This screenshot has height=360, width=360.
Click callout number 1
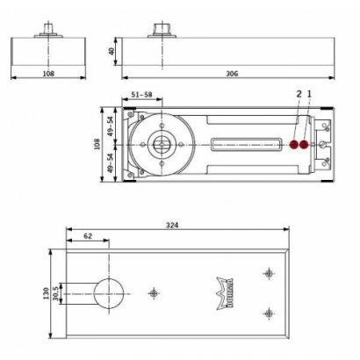coord(309,93)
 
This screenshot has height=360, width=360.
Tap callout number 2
coord(299,93)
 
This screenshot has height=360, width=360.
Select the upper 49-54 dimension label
coord(111,125)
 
